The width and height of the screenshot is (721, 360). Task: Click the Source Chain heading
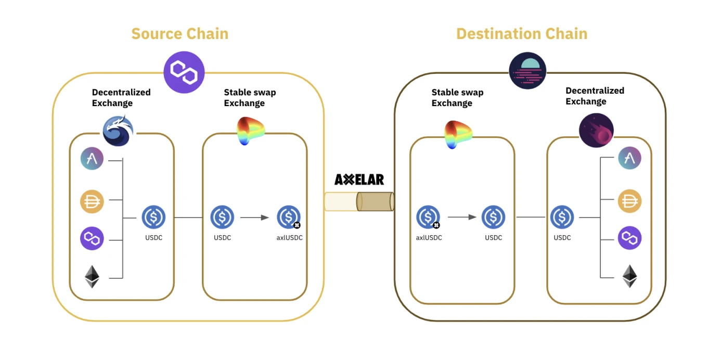click(179, 34)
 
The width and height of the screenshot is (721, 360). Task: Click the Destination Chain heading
click(521, 34)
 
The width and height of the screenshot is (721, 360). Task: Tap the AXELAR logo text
click(359, 180)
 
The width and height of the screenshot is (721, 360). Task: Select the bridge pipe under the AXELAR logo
click(359, 201)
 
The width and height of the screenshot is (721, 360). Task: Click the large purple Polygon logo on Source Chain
click(184, 72)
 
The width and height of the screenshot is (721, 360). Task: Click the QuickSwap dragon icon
click(118, 131)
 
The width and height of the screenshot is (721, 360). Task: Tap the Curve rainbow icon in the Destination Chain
click(458, 134)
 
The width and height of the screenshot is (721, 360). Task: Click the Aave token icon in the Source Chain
click(92, 159)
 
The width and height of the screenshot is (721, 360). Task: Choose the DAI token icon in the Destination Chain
click(629, 201)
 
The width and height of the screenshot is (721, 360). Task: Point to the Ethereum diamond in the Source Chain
click(92, 277)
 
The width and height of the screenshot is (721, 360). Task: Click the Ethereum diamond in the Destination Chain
click(629, 276)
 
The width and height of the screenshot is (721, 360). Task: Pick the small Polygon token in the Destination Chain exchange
click(629, 238)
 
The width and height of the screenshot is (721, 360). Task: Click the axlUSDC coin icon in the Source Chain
click(288, 217)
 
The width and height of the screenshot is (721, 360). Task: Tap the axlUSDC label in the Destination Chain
click(429, 238)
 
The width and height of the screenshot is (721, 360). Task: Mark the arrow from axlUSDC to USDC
click(462, 217)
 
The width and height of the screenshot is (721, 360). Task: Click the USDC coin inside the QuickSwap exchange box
click(153, 217)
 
